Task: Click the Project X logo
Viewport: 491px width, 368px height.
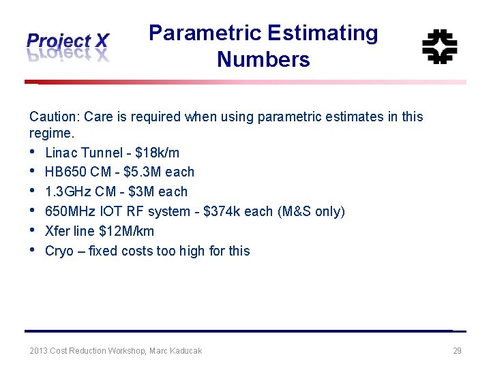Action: (68, 46)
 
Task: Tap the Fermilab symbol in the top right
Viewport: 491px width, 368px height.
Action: (439, 46)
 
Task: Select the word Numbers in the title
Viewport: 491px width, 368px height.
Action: (263, 60)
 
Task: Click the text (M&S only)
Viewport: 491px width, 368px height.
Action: (311, 211)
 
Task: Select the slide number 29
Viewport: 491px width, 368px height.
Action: (457, 351)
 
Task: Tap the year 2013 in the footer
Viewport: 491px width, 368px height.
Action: (38, 351)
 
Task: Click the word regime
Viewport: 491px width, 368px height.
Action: (50, 133)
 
